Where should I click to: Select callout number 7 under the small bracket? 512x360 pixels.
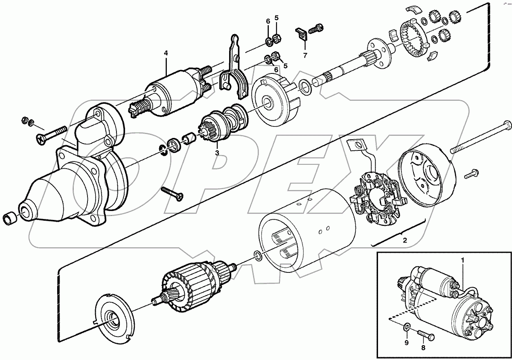coord(305,56)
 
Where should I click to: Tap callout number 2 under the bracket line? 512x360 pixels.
coord(405,240)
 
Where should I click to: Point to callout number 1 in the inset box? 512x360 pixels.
coord(462,260)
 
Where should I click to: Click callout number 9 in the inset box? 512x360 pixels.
coord(406,343)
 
